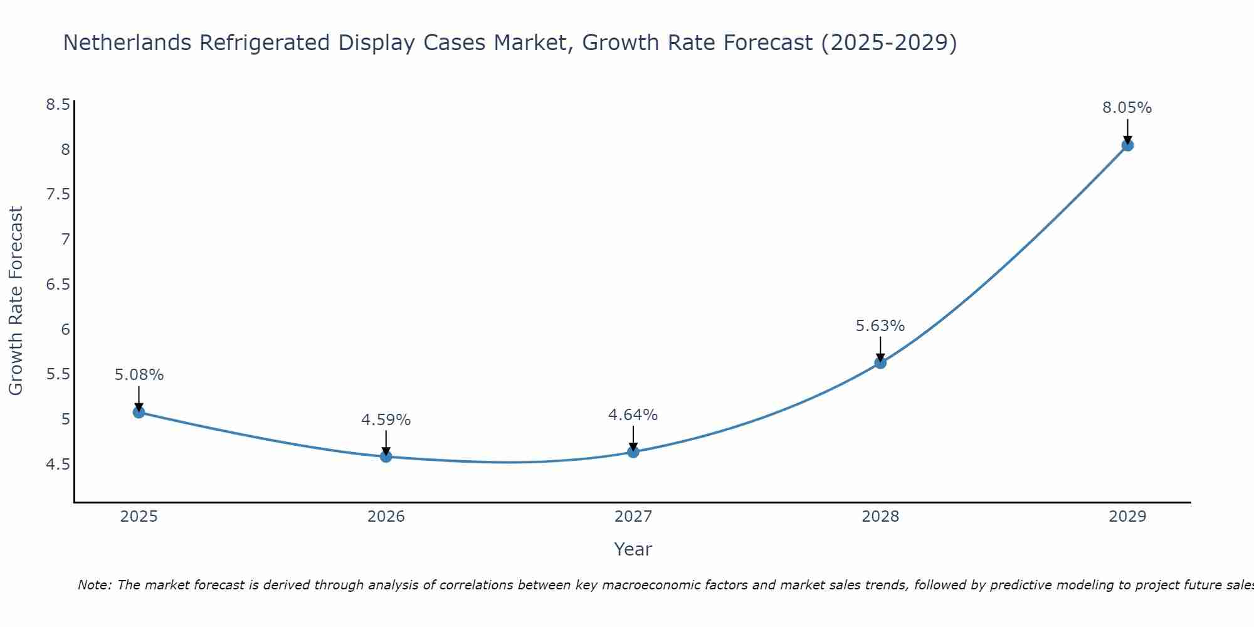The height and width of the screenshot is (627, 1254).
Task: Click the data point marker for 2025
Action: [139, 412]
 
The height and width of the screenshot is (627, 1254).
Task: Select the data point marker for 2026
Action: [386, 456]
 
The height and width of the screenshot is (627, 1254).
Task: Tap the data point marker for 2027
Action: [633, 451]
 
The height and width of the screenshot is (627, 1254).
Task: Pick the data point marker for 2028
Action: [880, 362]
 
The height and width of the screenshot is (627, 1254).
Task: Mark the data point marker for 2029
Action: [1127, 145]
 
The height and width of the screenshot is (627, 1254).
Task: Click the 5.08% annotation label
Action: [139, 375]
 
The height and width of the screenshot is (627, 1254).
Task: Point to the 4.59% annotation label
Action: [386, 420]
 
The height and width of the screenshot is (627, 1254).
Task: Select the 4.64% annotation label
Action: [633, 415]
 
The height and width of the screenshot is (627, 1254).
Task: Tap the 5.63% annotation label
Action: [880, 326]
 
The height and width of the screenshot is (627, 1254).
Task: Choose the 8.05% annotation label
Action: [1127, 108]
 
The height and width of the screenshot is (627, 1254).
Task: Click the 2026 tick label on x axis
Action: [386, 517]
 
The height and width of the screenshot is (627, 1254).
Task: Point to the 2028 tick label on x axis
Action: [880, 517]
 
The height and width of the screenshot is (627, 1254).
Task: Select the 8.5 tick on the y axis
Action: [58, 105]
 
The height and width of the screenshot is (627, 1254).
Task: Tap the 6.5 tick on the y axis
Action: [58, 285]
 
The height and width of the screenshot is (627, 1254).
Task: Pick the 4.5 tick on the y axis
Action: [58, 465]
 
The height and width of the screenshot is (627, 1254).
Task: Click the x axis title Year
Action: [633, 549]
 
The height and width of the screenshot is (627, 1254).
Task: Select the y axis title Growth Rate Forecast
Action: [16, 301]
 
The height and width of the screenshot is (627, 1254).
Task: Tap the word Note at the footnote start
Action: [94, 585]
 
